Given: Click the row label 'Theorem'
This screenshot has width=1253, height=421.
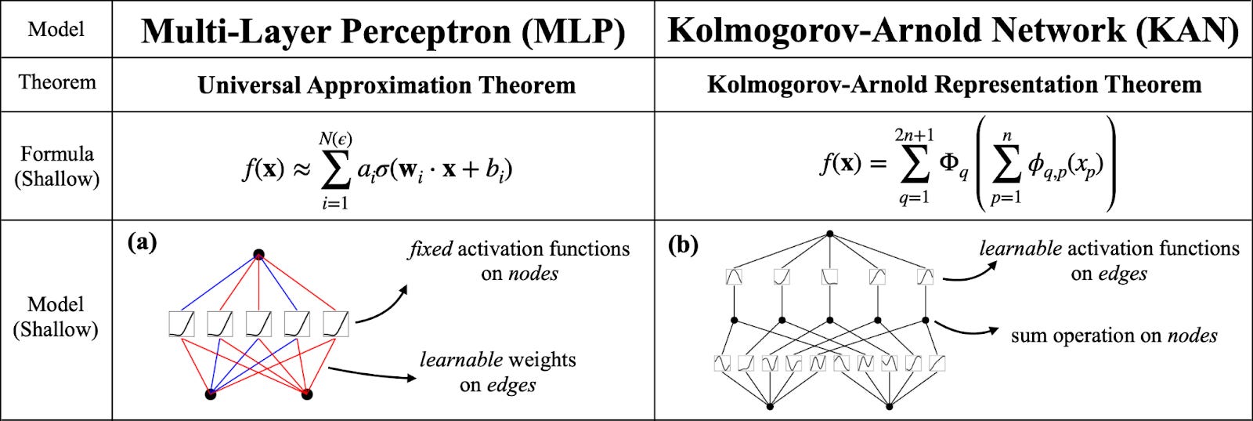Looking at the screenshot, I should point(57,82).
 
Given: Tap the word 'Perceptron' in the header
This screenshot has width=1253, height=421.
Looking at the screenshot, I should point(415,31).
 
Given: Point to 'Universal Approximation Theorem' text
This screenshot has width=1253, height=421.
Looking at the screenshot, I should point(386,85).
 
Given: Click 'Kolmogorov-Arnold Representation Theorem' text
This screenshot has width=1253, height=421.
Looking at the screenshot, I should point(954,84).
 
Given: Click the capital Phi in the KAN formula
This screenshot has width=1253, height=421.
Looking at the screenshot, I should point(948,163).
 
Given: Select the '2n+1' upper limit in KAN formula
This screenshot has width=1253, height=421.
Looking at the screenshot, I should point(914,136).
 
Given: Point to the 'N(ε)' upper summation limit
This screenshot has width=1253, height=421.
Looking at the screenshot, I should point(335,140).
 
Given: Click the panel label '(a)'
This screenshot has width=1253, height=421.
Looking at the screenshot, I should point(142,242).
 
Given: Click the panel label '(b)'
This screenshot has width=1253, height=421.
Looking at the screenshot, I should point(682,245).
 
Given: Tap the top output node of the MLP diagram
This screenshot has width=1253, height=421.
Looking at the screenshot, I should point(258,255).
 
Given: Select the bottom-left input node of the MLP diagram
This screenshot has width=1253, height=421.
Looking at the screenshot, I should point(210,394).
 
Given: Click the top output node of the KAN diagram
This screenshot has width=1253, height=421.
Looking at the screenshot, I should point(830,234).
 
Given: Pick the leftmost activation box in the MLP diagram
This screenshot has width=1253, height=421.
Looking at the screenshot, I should point(181,324).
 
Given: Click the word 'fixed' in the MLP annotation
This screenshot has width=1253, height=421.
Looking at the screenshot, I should point(430,249).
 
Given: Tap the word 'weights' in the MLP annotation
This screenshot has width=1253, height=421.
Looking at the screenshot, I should point(541,360).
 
